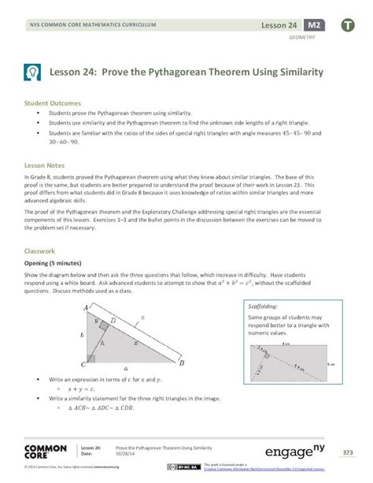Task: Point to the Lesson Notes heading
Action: click(x=44, y=166)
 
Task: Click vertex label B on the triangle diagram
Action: click(x=182, y=363)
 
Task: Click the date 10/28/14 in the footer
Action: click(x=126, y=453)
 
